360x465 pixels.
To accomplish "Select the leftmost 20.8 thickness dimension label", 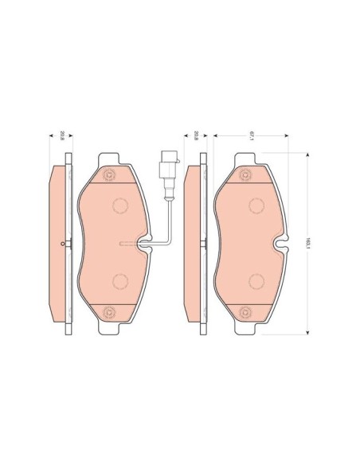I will (x=62, y=138).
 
